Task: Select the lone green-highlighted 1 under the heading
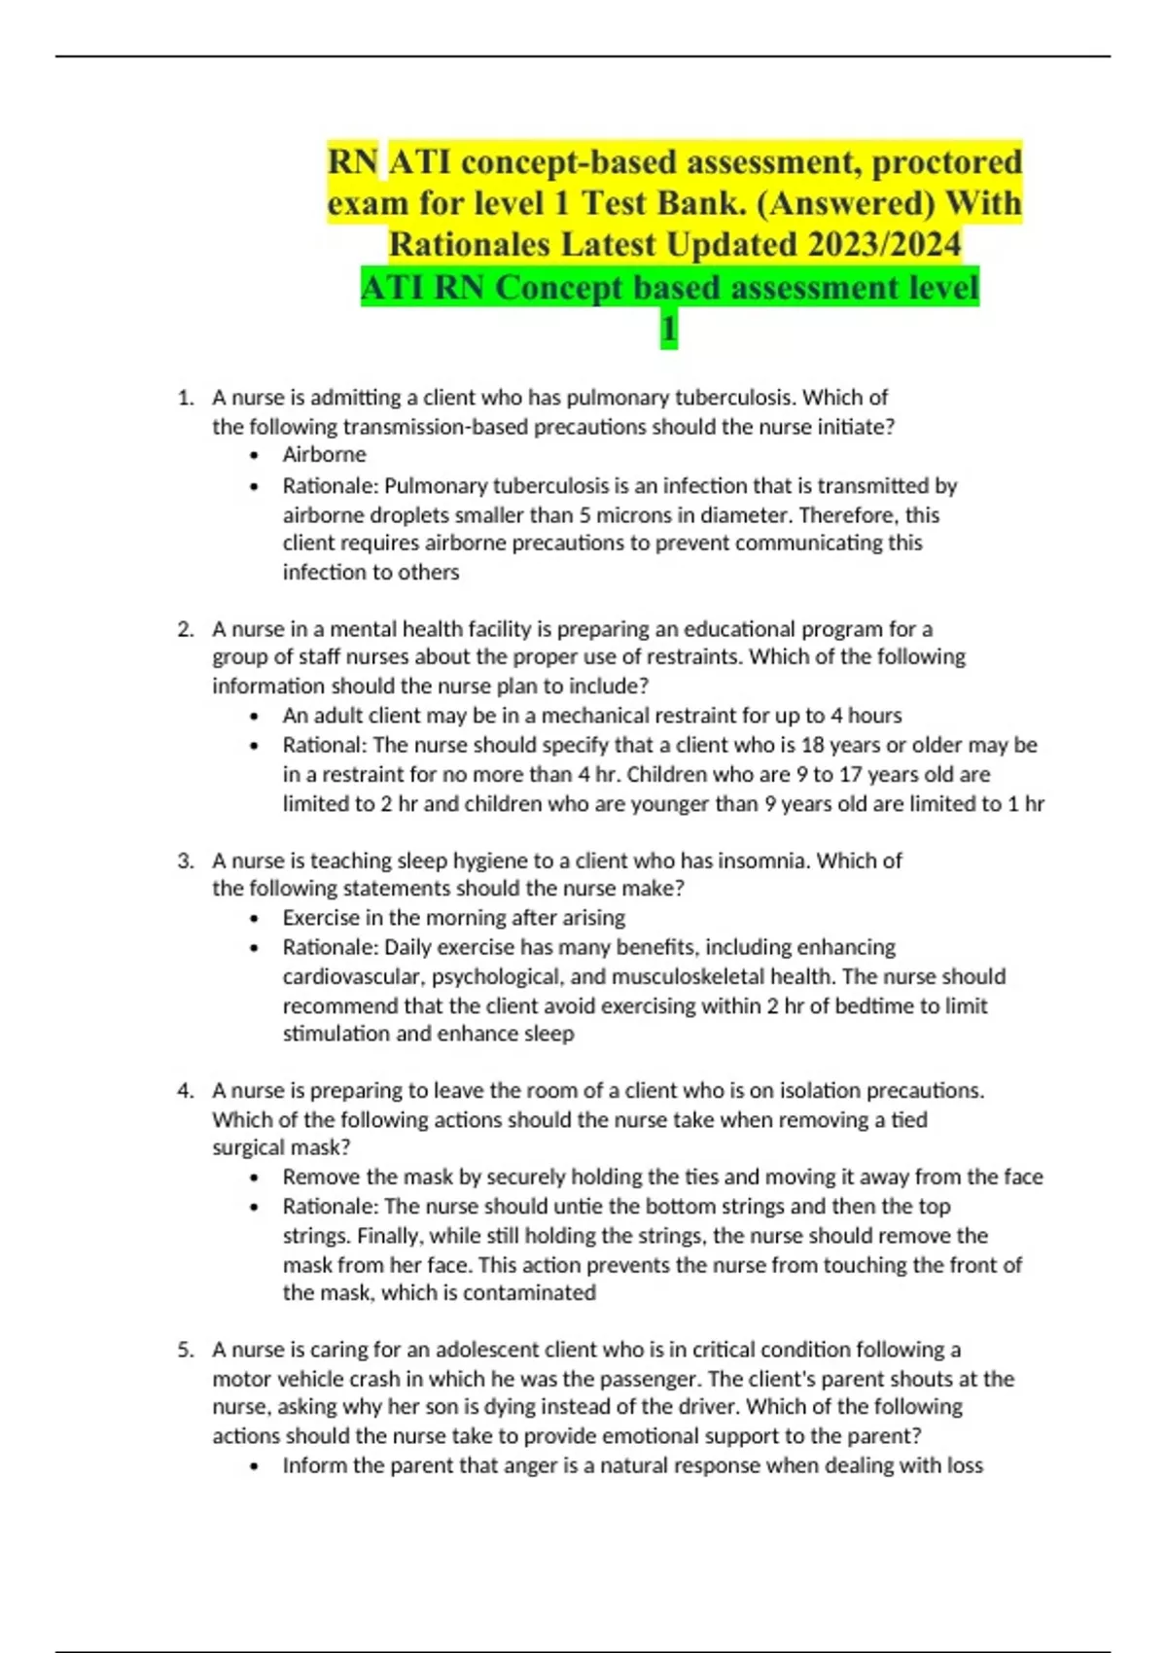tap(669, 330)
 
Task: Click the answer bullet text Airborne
tap(324, 454)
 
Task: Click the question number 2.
tap(185, 629)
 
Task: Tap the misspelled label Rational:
tap(325, 745)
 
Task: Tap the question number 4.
tap(185, 1091)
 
